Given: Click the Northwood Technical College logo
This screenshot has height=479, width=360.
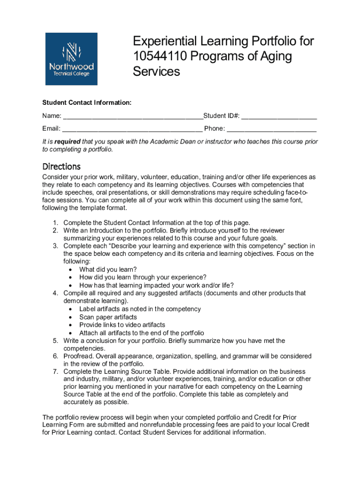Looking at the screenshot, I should tap(71, 59).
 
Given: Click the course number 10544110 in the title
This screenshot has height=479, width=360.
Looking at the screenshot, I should tap(160, 57).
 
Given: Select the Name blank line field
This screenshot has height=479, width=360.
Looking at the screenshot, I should tap(133, 116).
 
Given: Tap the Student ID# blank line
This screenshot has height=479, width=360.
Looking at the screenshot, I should tap(279, 116).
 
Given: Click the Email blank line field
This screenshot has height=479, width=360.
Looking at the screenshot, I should tap(132, 129).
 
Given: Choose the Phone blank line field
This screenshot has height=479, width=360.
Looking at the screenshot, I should tap(272, 129).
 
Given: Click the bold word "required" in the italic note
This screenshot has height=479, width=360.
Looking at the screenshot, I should tap(67, 142).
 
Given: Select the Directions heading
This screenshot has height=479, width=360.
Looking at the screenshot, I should tap(61, 167).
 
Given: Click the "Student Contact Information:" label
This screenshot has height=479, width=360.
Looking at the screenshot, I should tap(87, 102).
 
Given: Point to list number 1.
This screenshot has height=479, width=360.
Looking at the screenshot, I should tap(55, 223).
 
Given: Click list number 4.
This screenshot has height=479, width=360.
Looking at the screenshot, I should tap(55, 293).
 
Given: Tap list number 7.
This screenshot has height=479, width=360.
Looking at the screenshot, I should tap(55, 371).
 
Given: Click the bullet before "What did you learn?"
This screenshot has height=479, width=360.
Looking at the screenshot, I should tap(70, 270).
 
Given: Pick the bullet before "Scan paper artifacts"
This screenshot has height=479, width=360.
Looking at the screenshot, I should tap(70, 317).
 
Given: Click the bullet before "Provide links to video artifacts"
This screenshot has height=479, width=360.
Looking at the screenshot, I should tap(70, 325).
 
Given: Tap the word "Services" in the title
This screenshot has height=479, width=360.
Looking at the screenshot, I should tap(156, 72).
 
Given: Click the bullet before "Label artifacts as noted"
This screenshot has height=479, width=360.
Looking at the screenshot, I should tap(70, 309).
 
